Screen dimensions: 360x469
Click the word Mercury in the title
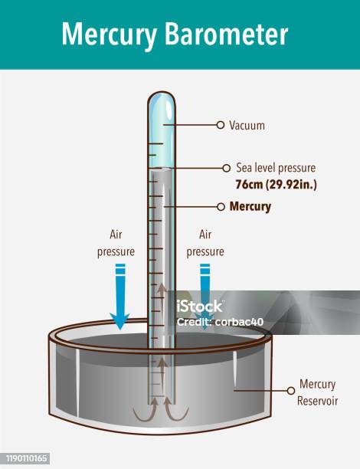[109, 34]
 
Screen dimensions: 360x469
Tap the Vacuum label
[247, 126]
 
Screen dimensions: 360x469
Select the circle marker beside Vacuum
[221, 125]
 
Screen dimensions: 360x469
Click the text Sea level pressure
[276, 168]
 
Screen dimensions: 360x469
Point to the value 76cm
[249, 184]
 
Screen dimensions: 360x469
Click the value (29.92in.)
[291, 185]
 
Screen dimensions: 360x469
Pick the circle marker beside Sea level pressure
[227, 168]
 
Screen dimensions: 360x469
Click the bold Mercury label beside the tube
[250, 207]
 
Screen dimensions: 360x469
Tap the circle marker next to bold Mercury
[221, 207]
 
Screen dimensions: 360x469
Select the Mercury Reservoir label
[317, 392]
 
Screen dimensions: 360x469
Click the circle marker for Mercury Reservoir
[290, 391]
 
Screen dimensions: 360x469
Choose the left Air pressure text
[116, 243]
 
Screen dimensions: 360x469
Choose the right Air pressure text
[205, 243]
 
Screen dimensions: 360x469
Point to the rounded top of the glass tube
[162, 97]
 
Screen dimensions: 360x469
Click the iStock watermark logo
[199, 306]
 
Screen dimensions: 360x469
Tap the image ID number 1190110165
[27, 458]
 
